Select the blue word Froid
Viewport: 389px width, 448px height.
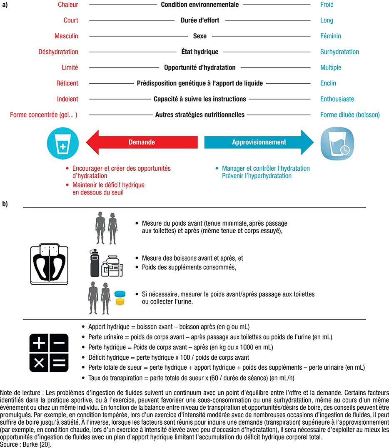point(327,5)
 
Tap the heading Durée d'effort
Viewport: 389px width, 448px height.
point(200,20)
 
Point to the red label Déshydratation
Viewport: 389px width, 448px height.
point(58,52)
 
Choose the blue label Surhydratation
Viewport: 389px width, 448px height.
point(339,52)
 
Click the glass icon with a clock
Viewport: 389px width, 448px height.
point(335,143)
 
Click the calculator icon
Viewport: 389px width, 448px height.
point(49,353)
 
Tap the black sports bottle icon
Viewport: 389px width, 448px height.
point(95,263)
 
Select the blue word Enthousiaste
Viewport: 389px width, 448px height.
point(337,99)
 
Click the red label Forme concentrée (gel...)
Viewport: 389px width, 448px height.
point(44,115)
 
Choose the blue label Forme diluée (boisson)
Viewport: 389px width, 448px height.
point(350,115)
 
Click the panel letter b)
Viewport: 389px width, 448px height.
point(5,204)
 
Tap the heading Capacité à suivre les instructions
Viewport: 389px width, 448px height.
point(200,99)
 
